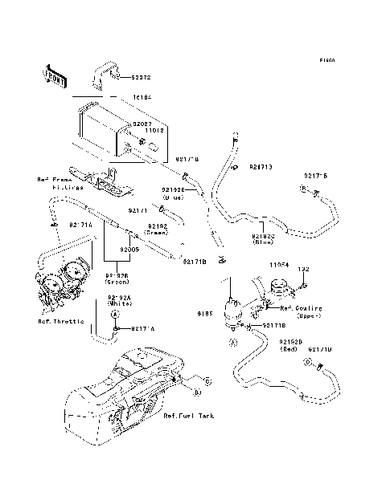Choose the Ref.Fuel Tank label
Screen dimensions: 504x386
(x=187, y=416)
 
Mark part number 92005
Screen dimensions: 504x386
(x=130, y=250)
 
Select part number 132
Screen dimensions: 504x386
(x=304, y=270)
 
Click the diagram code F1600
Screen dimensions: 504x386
(x=326, y=60)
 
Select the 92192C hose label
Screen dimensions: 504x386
(x=263, y=237)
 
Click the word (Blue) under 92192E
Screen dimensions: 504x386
(x=173, y=196)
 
